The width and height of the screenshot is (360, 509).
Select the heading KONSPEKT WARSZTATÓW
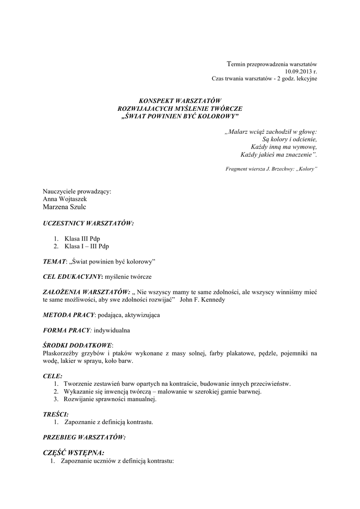pyautogui.click(x=180, y=101)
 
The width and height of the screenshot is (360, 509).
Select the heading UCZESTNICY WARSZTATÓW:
pyautogui.click(x=89, y=223)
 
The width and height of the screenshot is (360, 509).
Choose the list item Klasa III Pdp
pyautogui.click(x=82, y=239)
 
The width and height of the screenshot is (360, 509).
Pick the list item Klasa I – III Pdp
pyautogui.click(x=87, y=246)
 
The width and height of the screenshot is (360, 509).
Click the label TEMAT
pyautogui.click(x=54, y=261)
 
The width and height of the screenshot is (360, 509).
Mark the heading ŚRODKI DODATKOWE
pyautogui.click(x=78, y=345)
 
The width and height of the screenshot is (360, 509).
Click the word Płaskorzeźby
pyautogui.click(x=61, y=353)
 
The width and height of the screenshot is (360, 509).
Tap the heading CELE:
pyautogui.click(x=53, y=376)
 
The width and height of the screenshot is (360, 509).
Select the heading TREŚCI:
pyautogui.click(x=56, y=414)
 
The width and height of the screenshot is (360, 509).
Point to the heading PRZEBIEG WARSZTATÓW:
pyautogui.click(x=84, y=437)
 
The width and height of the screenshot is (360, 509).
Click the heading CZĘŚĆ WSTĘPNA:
pyautogui.click(x=74, y=453)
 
